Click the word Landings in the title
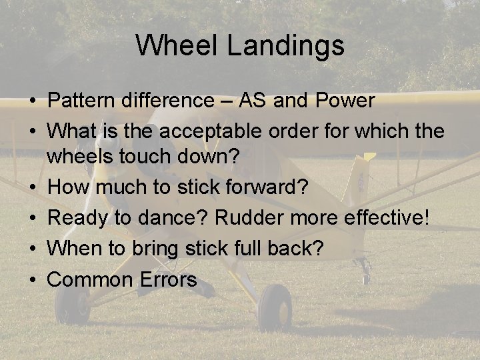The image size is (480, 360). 285,45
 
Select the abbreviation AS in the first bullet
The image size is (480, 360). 254,101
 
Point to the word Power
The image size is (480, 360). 345,101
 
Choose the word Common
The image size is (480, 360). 91,279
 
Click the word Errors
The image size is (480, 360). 168,279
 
